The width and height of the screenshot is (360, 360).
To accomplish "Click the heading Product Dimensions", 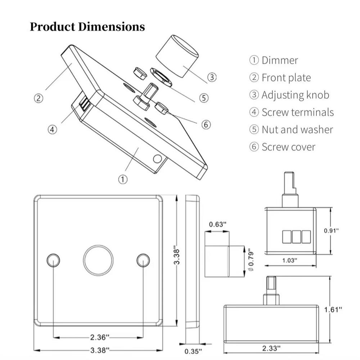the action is [87, 27].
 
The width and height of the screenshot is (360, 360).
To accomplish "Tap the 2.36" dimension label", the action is [100, 337].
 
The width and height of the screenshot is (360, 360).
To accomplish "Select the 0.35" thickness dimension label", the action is [193, 351].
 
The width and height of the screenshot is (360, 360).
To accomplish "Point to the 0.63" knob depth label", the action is [217, 224].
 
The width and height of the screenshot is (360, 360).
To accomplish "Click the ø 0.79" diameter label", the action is [251, 260].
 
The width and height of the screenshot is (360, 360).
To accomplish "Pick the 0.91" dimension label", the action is [331, 230].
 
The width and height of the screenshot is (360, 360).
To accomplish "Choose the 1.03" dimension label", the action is [289, 260].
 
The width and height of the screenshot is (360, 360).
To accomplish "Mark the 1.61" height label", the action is [333, 310].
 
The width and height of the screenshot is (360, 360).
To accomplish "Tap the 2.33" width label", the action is [271, 348].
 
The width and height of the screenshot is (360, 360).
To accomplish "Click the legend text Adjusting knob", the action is [296, 95].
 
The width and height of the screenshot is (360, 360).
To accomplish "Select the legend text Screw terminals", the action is [298, 112].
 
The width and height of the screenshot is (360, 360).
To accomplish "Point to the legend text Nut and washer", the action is [297, 130].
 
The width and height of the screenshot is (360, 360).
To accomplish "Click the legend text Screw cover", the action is [289, 147].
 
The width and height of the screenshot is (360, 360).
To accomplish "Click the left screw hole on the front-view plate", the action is [53, 260].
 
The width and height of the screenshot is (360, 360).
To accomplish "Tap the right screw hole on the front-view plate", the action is [143, 260].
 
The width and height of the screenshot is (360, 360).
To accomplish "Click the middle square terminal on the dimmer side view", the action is [296, 237].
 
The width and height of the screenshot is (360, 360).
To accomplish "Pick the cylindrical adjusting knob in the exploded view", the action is [177, 56].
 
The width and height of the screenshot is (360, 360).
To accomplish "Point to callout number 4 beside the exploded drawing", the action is [52, 130].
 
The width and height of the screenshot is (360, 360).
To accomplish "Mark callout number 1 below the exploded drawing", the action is [123, 179].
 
